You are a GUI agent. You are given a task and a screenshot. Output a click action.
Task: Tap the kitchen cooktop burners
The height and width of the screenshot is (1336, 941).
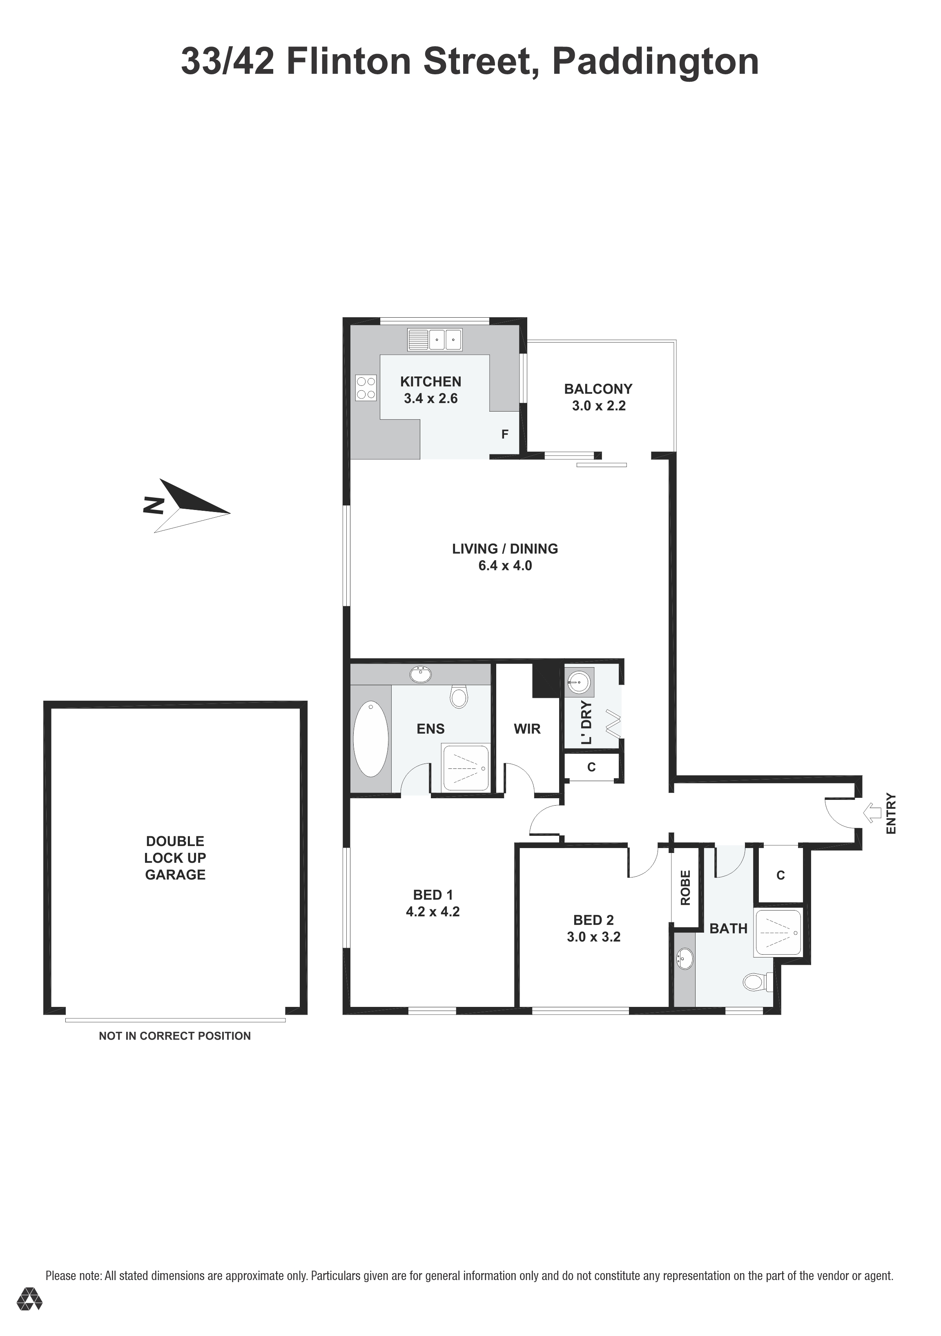(366, 387)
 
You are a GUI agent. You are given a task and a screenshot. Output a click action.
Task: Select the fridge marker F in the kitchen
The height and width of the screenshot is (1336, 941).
(504, 434)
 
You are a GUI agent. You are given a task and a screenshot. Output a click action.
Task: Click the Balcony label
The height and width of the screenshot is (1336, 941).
(598, 389)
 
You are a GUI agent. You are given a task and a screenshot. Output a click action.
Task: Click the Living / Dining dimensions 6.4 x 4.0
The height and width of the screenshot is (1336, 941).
(505, 566)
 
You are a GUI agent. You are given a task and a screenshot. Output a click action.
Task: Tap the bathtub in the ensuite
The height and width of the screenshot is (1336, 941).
(371, 739)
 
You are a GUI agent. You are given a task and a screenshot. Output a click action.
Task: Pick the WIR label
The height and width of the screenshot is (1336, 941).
(527, 728)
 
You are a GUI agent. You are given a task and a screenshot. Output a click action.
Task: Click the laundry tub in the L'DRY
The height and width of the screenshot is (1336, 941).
(578, 682)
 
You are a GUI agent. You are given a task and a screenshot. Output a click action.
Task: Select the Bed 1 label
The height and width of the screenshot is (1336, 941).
(433, 895)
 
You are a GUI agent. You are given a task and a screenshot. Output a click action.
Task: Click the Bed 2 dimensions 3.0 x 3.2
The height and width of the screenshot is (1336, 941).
(593, 937)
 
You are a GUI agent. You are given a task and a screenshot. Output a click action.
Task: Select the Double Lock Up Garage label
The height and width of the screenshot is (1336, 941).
(175, 858)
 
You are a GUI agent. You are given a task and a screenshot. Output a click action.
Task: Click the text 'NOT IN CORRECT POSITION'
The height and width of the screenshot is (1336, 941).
(174, 1036)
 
